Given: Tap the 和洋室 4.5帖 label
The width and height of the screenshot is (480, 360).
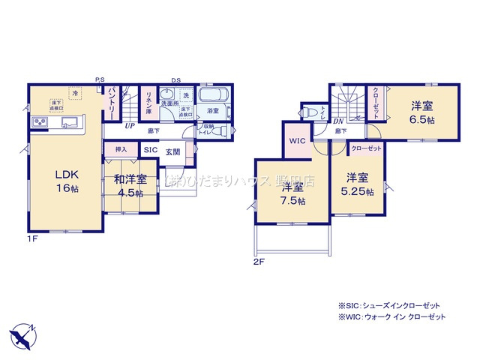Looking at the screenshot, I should click(x=130, y=185).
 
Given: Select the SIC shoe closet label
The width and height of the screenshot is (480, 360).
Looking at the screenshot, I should click(x=150, y=150).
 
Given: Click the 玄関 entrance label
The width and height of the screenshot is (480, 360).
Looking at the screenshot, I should click(x=173, y=151).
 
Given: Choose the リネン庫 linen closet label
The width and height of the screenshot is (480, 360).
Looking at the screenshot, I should click(x=148, y=102).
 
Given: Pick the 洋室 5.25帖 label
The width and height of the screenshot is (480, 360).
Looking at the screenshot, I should click(x=357, y=184).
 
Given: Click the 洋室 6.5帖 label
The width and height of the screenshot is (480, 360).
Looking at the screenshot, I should click(x=420, y=112).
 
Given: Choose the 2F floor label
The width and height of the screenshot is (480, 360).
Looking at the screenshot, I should click(x=259, y=262).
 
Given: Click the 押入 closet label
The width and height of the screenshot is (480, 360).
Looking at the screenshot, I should click(x=120, y=150).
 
